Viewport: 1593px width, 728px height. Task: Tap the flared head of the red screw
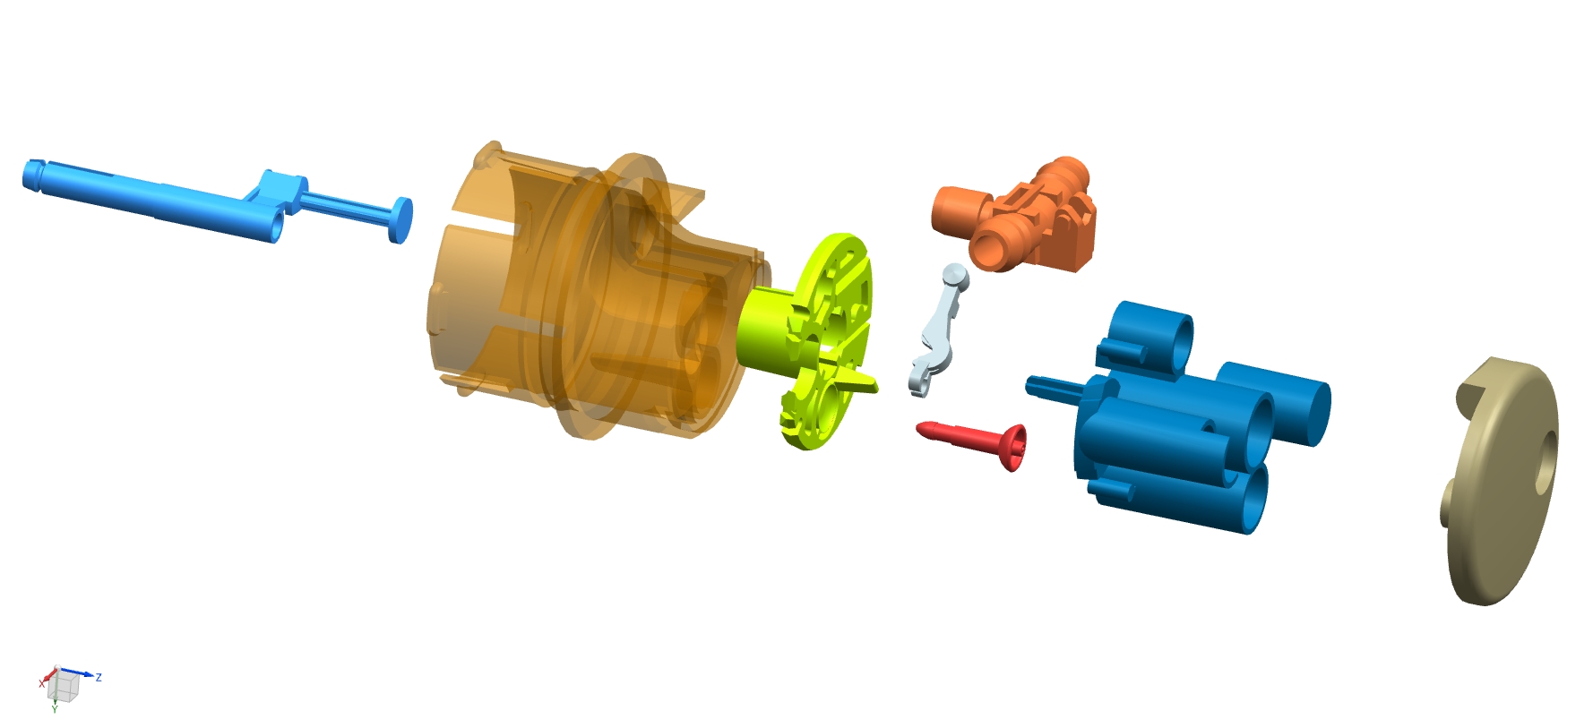[x=1015, y=448]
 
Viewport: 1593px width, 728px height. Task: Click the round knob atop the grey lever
[x=955, y=277]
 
